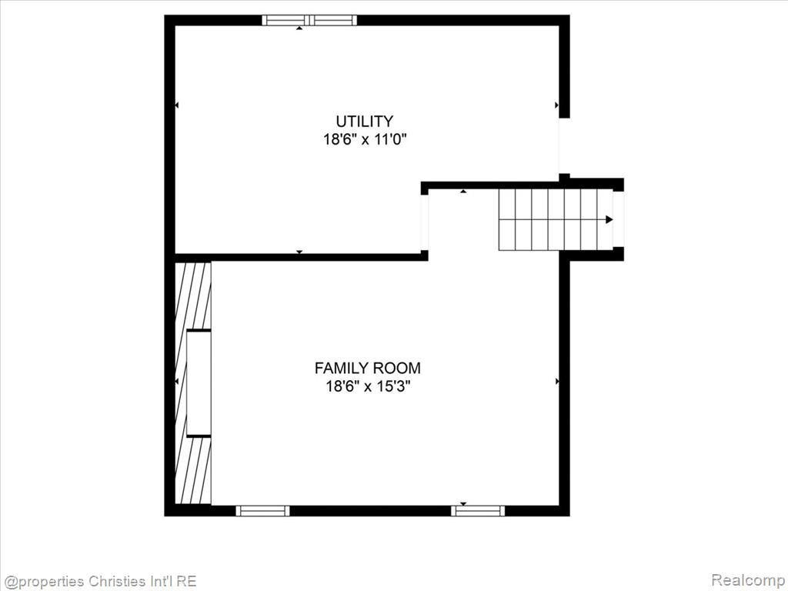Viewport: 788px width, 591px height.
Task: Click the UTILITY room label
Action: [x=364, y=121]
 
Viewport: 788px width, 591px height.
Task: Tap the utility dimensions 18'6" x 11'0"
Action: [x=364, y=139]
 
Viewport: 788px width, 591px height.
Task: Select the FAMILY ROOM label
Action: [x=367, y=368]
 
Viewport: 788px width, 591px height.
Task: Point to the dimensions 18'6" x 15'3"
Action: [x=367, y=386]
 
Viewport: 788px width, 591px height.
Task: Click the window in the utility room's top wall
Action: [x=309, y=20]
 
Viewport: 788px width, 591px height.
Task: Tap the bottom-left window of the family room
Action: [x=262, y=511]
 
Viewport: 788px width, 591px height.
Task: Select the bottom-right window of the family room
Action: [x=478, y=511]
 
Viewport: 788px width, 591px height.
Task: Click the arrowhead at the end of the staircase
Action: [x=609, y=219]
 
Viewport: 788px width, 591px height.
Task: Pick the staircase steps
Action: [x=555, y=219]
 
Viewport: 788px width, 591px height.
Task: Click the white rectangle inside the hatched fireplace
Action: [x=199, y=383]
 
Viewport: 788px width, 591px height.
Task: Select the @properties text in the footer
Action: [x=44, y=582]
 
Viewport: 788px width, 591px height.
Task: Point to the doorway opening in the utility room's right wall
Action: [x=564, y=145]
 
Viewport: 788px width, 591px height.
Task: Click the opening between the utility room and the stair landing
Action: [x=425, y=222]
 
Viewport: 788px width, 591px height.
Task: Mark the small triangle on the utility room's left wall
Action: [x=177, y=105]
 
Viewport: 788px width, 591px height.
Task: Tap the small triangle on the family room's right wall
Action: [x=557, y=382]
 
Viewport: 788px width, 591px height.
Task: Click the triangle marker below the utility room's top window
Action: [x=299, y=28]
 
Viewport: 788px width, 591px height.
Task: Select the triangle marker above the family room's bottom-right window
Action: [x=463, y=503]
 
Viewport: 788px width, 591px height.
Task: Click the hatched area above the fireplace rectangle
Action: [x=193, y=295]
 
